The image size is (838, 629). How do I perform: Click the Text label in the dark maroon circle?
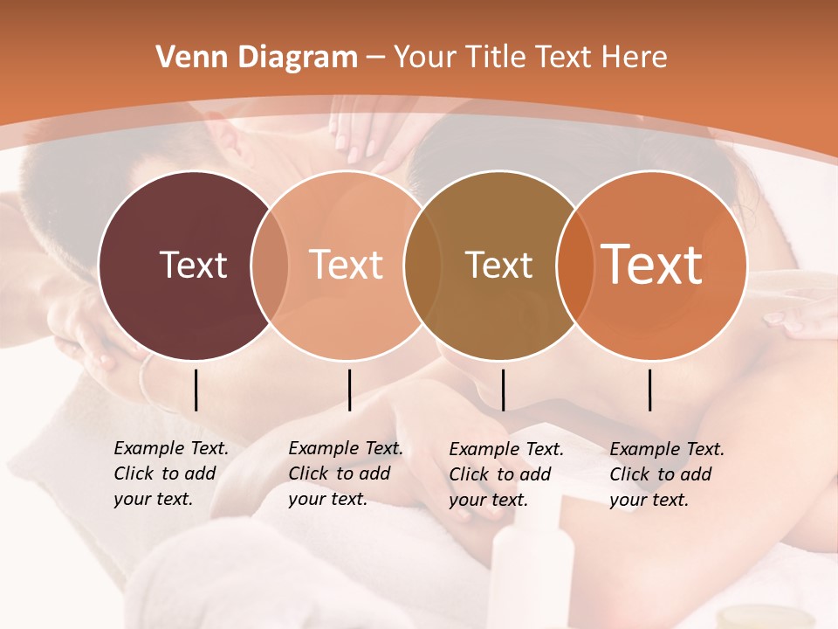pos(193,265)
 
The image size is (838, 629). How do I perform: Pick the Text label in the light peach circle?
pos(346,265)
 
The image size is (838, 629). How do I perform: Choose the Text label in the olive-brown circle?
pos(498,265)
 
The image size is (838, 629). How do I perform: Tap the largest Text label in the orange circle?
pos(652,264)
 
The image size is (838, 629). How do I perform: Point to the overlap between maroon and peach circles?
pos(270,265)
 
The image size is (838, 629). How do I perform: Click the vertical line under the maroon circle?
pos(196,390)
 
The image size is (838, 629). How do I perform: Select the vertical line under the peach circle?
pos(349,390)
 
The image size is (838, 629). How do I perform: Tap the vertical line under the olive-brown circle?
pos(503,390)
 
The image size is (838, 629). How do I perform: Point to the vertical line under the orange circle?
pos(650,390)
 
